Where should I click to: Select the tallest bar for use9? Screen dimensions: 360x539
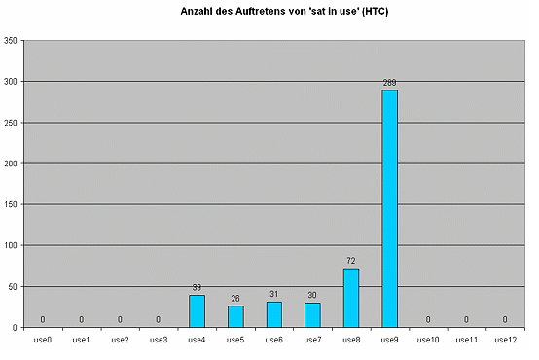(389, 208)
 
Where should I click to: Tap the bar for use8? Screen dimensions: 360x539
(350, 298)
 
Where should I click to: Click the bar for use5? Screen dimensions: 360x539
(235, 316)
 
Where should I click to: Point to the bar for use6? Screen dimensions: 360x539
(273, 314)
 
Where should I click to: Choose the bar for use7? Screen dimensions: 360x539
(312, 315)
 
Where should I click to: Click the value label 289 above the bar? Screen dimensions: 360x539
(389, 83)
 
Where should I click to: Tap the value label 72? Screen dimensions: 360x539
(350, 261)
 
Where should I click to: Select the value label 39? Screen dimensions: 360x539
(197, 288)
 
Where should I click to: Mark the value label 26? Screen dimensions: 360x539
(235, 299)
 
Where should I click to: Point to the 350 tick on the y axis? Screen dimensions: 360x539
(10, 41)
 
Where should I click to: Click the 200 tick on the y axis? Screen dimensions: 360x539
(10, 163)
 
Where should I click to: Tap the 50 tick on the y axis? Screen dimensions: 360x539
(12, 286)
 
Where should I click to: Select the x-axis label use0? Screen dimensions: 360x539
(42, 340)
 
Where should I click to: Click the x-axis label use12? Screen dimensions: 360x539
(505, 340)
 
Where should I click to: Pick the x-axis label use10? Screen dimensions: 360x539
(427, 340)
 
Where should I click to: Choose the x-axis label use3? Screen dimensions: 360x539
(158, 340)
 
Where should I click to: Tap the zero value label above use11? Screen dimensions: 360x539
(466, 319)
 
